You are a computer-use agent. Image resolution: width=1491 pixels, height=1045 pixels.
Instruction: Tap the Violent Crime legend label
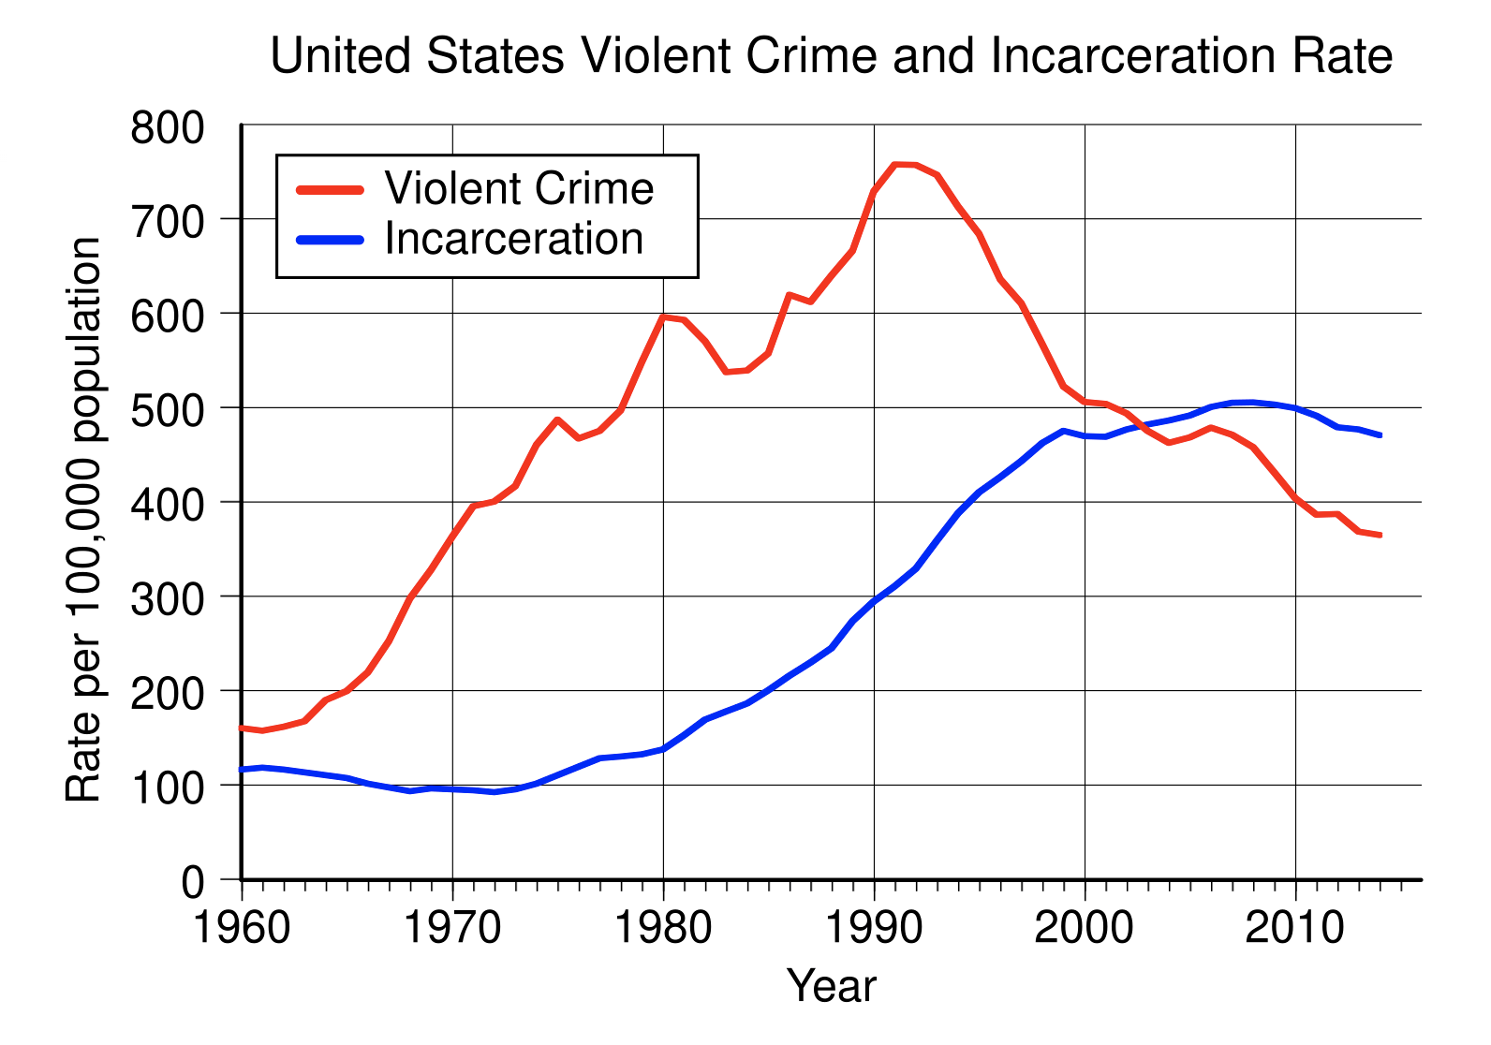coord(519,189)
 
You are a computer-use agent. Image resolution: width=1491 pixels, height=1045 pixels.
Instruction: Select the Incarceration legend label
coord(514,239)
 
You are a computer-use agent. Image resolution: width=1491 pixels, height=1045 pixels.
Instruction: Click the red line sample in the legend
coord(330,189)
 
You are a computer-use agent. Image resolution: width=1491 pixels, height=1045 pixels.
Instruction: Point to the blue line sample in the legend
coord(330,240)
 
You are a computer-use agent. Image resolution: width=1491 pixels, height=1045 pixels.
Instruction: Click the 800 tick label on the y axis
coord(167,126)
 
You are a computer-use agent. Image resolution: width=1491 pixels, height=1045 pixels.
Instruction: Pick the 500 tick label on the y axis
coord(167,409)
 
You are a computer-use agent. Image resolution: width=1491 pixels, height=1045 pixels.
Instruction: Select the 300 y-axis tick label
coord(167,598)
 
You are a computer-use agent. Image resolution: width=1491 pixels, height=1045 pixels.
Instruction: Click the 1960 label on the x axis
coord(242,928)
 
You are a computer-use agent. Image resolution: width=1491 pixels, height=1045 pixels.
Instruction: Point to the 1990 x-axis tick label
coord(874,928)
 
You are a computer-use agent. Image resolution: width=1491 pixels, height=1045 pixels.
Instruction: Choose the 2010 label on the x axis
coord(1295,928)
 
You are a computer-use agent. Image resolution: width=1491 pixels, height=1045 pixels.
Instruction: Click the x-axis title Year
coord(832,986)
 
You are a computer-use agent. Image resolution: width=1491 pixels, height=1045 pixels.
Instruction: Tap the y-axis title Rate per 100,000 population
coord(84,520)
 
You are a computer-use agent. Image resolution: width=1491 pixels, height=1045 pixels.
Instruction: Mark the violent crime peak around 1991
coord(895,165)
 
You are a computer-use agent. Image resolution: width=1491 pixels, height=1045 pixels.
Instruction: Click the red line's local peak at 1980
coord(663,316)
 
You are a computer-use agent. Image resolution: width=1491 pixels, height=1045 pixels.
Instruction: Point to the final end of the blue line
coord(1380,434)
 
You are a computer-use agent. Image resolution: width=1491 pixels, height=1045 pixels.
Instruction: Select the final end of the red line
coord(1380,535)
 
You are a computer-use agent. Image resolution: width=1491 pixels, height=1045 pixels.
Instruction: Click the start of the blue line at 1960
coord(243,769)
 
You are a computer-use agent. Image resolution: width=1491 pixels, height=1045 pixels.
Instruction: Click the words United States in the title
coord(417,56)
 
